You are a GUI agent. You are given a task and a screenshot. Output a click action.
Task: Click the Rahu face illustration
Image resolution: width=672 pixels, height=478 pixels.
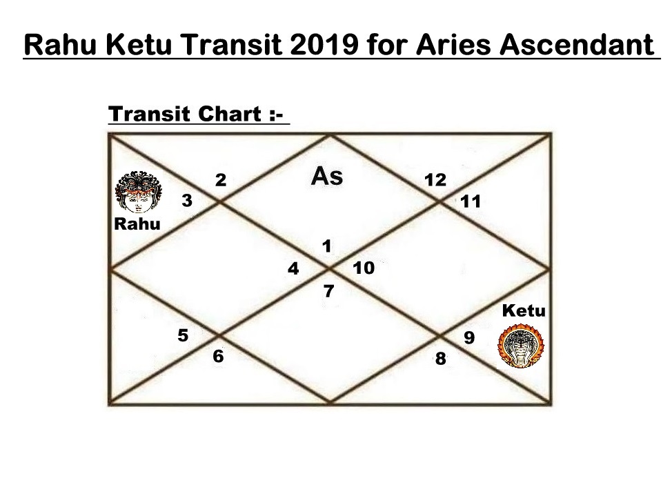coord(139,192)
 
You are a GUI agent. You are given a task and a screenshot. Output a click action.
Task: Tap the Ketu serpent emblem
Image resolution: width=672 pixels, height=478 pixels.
coord(521,346)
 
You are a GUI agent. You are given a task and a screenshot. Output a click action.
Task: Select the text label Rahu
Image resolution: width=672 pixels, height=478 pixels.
coord(137,223)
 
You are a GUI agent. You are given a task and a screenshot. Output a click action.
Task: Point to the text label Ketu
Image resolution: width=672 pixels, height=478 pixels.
coord(524,310)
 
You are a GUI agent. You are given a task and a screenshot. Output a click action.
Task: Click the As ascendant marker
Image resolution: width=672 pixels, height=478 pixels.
coord(327,176)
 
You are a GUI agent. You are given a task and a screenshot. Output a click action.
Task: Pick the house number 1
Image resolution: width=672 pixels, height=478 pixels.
coord(326,246)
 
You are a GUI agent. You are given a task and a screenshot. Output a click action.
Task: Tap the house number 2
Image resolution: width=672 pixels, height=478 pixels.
coord(221,180)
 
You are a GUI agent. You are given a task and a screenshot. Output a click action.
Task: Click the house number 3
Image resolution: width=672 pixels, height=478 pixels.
coord(187,201)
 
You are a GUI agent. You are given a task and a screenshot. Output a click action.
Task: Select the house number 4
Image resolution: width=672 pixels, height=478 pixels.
coord(293,268)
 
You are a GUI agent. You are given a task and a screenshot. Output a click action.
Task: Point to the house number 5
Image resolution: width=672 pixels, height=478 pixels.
coord(183,335)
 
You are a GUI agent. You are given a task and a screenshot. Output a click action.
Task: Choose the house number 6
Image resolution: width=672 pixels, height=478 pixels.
coord(218,356)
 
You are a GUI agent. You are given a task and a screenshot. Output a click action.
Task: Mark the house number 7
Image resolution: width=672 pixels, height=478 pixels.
coord(328,291)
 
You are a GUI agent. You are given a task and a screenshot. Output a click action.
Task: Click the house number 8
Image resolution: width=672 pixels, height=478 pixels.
coord(441,359)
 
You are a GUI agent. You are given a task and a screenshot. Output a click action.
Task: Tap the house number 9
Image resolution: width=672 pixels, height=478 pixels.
coord(469,337)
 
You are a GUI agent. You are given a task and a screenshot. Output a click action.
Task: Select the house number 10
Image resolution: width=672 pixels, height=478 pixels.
coord(364,268)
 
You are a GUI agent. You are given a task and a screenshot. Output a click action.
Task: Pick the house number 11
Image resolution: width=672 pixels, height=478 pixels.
coord(471,201)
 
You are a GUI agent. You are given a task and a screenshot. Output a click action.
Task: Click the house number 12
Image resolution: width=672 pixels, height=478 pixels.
coord(435,180)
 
